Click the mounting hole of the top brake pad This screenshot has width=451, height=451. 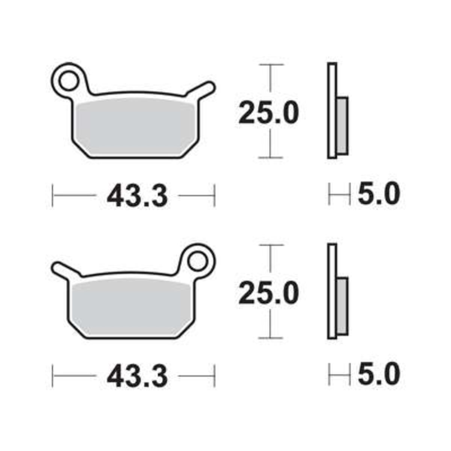[x=68, y=81]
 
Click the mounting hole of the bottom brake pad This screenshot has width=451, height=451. [x=197, y=262]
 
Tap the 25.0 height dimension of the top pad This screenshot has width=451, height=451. [x=268, y=113]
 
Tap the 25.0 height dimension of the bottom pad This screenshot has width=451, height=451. [x=268, y=294]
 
